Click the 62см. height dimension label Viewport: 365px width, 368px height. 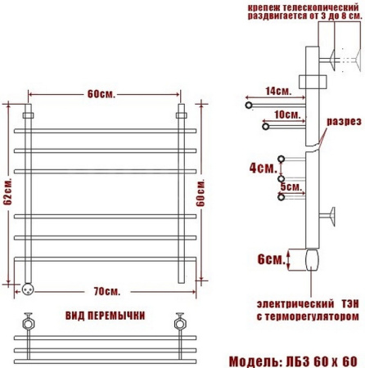click(x=8, y=192)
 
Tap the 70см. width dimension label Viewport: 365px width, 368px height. click(x=107, y=291)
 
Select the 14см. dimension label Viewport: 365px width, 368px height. click(x=278, y=91)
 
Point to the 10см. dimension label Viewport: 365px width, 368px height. click(x=287, y=114)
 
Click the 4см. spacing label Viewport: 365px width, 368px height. click(x=263, y=168)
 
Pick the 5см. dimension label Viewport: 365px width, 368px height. click(x=291, y=186)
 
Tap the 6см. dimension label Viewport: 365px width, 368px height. click(x=271, y=259)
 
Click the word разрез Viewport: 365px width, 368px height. click(x=345, y=122)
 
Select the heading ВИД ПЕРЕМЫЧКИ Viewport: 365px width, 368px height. click(x=105, y=316)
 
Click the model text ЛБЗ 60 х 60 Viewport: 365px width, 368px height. click(x=322, y=361)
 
